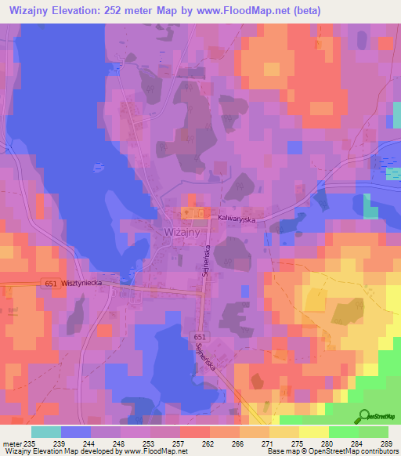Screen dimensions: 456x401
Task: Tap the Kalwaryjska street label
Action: coord(237,220)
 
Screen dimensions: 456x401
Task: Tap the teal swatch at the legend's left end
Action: coord(45,431)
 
